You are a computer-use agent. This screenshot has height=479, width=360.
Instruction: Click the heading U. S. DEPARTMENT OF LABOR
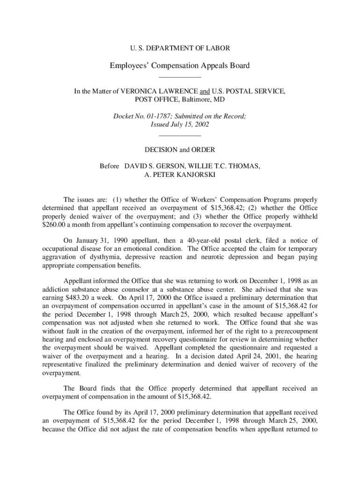tap(180, 48)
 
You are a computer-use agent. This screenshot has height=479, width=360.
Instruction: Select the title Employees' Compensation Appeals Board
tap(180, 65)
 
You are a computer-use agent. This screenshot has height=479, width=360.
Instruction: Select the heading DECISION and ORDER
tap(180, 150)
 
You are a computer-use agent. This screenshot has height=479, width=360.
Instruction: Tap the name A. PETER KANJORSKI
tap(180, 174)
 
